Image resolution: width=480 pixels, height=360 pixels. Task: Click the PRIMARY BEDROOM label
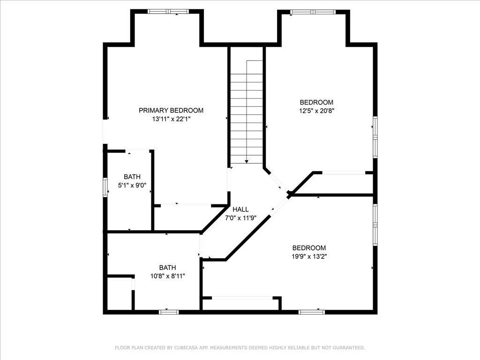(x=171, y=110)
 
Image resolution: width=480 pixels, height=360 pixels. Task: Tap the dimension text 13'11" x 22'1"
(x=172, y=119)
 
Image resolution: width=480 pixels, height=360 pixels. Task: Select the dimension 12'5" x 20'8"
(x=316, y=111)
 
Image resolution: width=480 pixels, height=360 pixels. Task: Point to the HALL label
(x=240, y=210)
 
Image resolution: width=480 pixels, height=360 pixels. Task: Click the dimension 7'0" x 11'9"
(x=240, y=218)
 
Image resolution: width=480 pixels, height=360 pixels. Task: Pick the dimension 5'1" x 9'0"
(x=132, y=185)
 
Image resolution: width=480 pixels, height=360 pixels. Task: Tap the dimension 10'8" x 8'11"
(x=168, y=276)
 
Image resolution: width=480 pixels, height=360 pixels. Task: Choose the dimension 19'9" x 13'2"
(x=309, y=256)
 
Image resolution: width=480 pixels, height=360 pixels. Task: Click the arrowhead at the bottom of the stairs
(x=247, y=161)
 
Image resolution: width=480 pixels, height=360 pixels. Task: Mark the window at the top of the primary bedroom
(x=168, y=12)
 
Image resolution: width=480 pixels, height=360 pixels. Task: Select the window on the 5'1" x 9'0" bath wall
(x=105, y=187)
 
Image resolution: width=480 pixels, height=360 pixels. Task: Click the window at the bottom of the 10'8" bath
(x=169, y=312)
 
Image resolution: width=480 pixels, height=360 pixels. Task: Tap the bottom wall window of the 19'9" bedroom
(x=312, y=312)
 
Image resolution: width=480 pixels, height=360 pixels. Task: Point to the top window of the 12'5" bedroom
(x=313, y=12)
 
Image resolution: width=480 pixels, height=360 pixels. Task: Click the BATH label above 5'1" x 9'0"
(x=132, y=177)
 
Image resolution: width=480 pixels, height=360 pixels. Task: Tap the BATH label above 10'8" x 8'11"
(x=167, y=268)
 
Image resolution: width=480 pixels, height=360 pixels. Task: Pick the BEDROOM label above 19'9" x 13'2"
(x=309, y=248)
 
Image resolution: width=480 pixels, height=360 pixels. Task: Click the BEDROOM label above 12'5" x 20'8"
(x=316, y=102)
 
